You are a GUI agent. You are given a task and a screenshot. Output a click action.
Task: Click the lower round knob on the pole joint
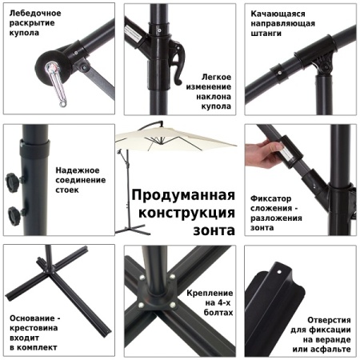[x=15, y=214]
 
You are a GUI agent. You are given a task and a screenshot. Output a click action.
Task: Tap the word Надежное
[x=78, y=170]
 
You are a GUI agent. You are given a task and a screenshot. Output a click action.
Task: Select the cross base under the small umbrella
[x=127, y=226]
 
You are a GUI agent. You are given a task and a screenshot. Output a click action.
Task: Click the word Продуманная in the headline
[x=182, y=196]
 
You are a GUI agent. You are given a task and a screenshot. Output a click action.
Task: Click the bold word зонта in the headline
[x=214, y=230]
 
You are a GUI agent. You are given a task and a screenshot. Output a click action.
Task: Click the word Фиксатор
[x=271, y=197]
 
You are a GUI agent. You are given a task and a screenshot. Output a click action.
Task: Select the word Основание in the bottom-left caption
[x=34, y=318]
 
